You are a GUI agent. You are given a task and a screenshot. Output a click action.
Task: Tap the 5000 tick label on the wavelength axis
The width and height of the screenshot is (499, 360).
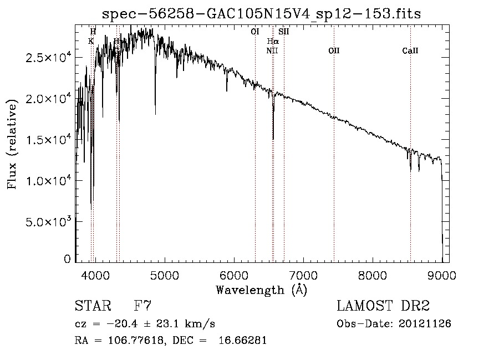[165, 275]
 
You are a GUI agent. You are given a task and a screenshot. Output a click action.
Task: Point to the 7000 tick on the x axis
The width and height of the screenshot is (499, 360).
[303, 275]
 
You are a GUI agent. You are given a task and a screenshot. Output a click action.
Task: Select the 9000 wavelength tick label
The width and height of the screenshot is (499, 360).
[442, 275]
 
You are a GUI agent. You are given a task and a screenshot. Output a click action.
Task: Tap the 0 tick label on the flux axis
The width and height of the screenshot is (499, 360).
[68, 259]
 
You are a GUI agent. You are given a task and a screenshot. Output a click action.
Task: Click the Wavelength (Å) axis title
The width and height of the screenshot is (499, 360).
[261, 290]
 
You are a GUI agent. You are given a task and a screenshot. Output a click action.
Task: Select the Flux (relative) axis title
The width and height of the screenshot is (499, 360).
[12, 145]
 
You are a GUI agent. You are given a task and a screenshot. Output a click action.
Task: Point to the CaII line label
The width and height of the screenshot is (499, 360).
[410, 51]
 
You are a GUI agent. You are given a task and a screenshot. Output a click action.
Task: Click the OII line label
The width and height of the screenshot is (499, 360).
[334, 51]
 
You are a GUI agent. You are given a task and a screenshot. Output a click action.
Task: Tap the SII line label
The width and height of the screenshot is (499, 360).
[284, 32]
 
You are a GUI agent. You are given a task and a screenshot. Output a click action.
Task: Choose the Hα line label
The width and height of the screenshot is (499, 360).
[273, 41]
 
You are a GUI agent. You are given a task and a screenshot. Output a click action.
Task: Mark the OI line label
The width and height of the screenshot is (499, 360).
[255, 32]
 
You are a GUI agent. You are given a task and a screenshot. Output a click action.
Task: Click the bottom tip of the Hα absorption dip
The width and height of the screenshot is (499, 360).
[273, 139]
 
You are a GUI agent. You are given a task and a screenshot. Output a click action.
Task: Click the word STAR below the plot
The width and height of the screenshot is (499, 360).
[91, 306]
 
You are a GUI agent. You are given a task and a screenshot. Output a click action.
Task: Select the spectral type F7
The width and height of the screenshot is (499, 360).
[142, 306]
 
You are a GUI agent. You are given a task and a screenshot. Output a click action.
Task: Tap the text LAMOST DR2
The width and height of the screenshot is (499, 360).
[383, 306]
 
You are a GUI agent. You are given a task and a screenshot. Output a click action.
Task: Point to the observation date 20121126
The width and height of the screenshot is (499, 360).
[424, 324]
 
